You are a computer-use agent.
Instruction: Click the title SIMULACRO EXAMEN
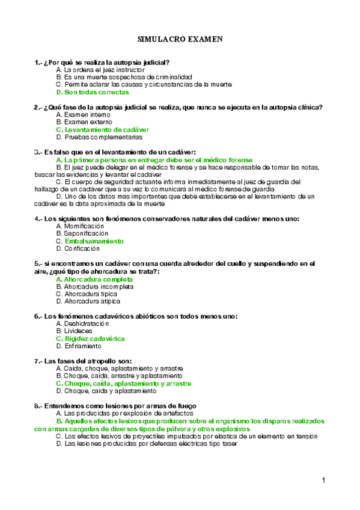(x=180, y=39)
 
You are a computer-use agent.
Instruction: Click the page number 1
(x=323, y=480)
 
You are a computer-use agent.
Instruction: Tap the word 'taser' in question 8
(x=230, y=443)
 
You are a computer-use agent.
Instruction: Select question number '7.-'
(x=39, y=361)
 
